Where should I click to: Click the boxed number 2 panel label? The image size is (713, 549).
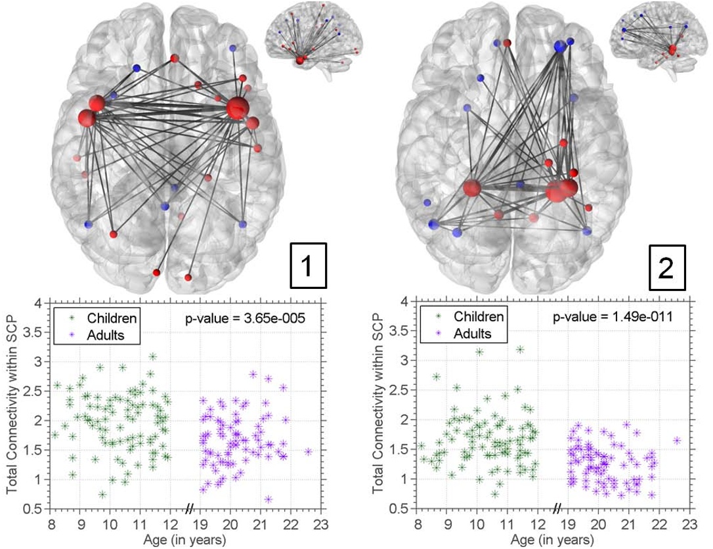665,269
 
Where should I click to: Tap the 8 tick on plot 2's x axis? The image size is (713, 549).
418,523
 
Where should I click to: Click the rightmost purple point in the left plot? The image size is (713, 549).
308,451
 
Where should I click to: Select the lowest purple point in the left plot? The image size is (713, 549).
269,499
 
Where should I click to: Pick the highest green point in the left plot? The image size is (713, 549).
152,357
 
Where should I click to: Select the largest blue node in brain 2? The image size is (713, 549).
559,46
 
